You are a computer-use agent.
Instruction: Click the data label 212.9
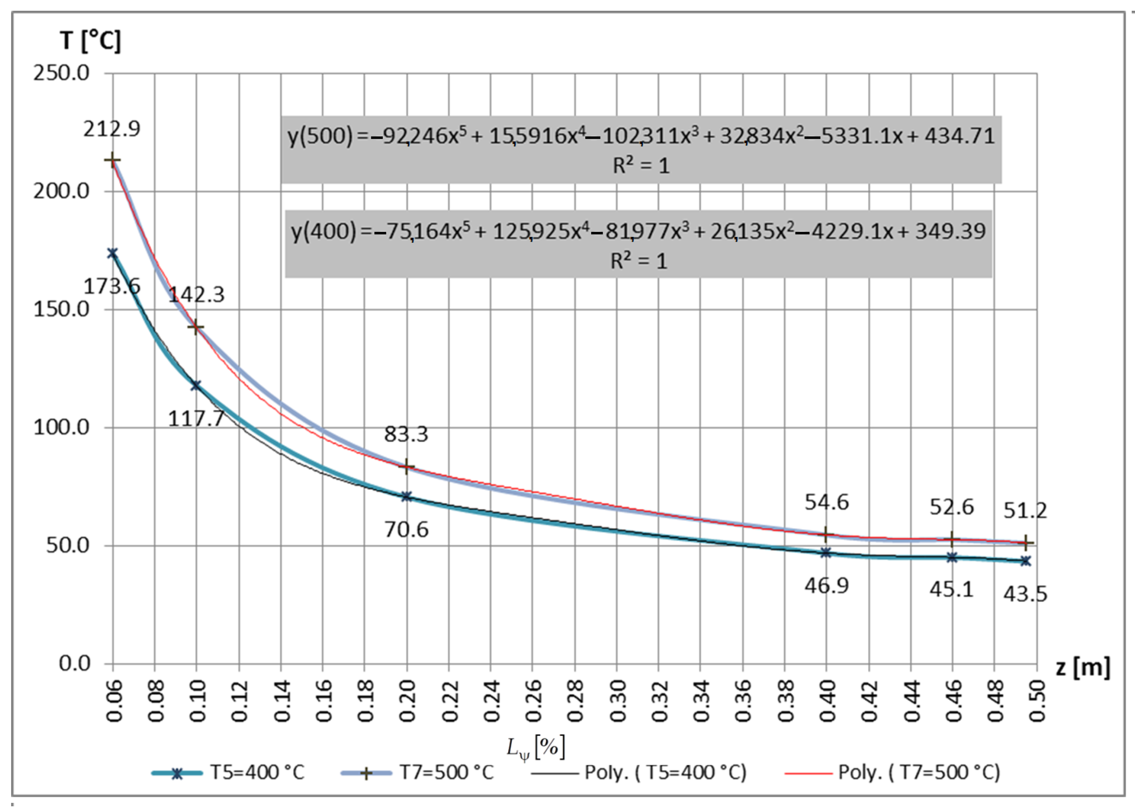112,129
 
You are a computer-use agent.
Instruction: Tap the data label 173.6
112,287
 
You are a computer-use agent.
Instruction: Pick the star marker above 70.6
407,496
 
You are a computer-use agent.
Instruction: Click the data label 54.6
826,502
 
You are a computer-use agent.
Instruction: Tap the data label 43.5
1025,594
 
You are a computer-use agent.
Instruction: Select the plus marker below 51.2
1025,543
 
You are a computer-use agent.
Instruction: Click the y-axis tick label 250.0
61,74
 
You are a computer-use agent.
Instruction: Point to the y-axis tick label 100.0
61,427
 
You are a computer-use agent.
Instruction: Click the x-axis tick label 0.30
617,701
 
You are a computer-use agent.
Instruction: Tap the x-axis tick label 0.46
952,701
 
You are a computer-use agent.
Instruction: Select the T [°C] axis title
90,40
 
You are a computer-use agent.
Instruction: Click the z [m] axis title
1082,667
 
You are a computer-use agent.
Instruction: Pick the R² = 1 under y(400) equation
639,261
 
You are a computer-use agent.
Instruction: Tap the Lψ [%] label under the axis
536,747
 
